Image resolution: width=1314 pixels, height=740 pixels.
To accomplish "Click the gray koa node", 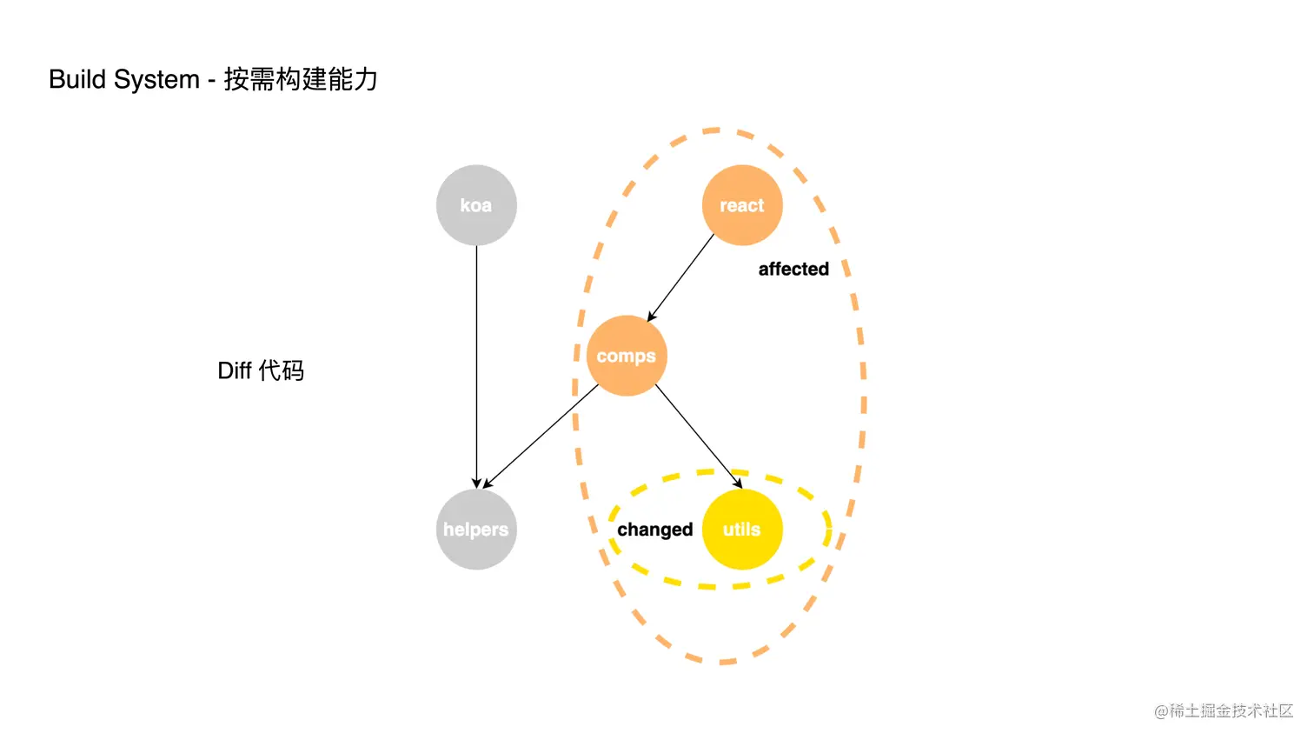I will coord(476,205).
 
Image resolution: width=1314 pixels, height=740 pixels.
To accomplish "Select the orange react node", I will coord(742,205).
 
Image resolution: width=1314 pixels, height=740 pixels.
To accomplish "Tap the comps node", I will coord(627,356).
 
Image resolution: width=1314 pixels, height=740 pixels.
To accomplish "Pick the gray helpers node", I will coord(476,530).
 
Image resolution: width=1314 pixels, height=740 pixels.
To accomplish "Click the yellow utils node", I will coord(742,530).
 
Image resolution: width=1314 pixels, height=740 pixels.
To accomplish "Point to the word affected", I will coord(793,270).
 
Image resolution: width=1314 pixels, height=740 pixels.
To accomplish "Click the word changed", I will coord(655,530).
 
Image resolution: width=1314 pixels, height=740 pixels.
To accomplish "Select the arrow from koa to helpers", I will coord(476,365).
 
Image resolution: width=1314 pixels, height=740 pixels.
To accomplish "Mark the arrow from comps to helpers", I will coord(541,436).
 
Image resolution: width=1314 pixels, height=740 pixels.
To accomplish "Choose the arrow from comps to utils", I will coord(698,435).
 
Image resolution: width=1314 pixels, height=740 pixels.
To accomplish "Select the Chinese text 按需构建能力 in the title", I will coord(301,79).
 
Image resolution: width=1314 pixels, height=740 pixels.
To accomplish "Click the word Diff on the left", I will coord(235,371).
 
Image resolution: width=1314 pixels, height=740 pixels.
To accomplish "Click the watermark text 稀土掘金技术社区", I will coord(1231,710).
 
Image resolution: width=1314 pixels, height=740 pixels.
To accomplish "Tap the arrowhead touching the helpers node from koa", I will coord(476,483).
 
